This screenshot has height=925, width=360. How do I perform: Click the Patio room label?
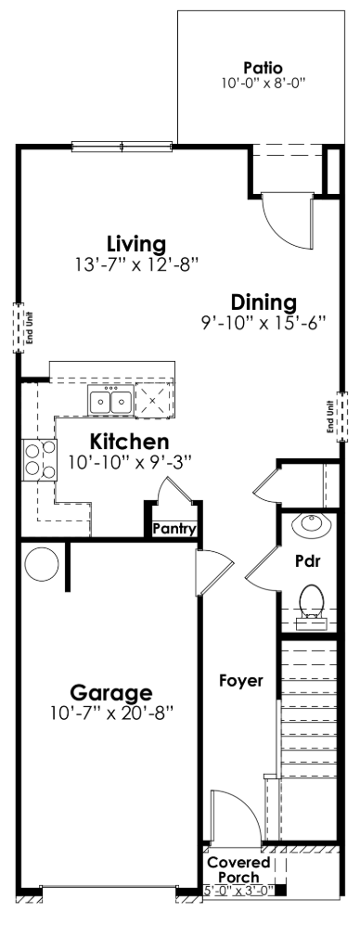pyautogui.click(x=262, y=68)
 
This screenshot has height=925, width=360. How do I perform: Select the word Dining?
pyautogui.click(x=264, y=302)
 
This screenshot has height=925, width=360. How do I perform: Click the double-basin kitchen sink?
pyautogui.click(x=110, y=402)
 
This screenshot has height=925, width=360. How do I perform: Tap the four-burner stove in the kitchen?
pyautogui.click(x=38, y=457)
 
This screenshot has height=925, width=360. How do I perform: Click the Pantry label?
pyautogui.click(x=174, y=530)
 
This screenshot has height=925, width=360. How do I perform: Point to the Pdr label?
pyautogui.click(x=308, y=561)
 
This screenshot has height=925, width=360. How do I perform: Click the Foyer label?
pyautogui.click(x=241, y=680)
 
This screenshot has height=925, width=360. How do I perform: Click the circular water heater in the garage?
pyautogui.click(x=42, y=562)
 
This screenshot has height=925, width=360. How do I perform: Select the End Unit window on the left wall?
pyautogui.click(x=17, y=327)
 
